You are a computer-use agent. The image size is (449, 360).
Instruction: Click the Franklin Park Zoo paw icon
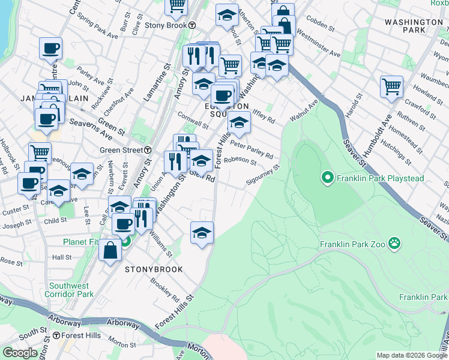394,244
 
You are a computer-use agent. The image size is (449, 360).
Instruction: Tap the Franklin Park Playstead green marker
327,178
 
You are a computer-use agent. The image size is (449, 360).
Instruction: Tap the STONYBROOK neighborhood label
154,270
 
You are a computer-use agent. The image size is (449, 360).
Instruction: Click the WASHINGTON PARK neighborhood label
414,25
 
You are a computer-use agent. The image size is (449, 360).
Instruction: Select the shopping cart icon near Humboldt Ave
391,86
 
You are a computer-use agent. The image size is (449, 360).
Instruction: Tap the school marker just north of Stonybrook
202,233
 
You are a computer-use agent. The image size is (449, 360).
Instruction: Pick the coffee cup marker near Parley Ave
50,47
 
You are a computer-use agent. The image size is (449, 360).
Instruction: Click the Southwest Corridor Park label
71,290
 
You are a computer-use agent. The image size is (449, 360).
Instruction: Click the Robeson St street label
240,161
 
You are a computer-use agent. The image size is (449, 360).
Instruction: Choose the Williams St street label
161,245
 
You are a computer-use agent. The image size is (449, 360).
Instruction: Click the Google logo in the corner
20,353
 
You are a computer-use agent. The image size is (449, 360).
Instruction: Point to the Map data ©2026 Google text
411,355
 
